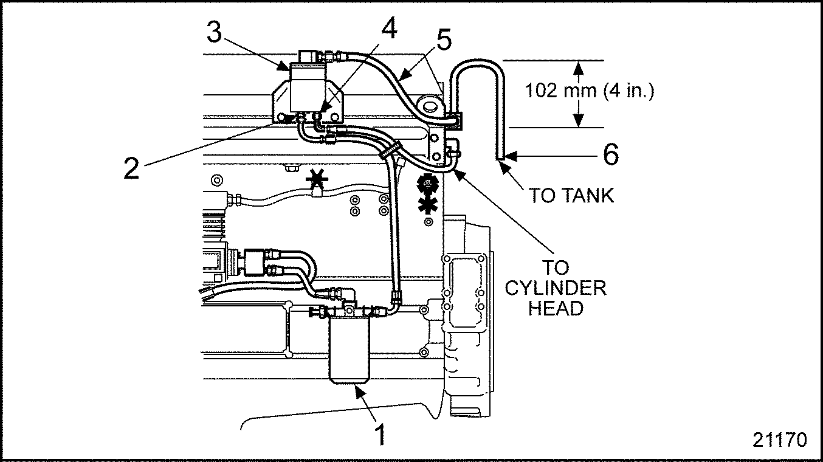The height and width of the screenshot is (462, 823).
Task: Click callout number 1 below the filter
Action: point(379,435)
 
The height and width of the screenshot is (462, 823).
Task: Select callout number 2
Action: point(131,168)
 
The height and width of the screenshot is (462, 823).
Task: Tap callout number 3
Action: point(214,32)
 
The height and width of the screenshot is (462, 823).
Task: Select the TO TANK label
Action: point(571,195)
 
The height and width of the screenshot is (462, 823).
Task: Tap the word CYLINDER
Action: point(556,288)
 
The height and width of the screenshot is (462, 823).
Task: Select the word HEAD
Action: point(556,308)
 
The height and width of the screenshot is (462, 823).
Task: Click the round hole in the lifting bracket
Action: point(430,107)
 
